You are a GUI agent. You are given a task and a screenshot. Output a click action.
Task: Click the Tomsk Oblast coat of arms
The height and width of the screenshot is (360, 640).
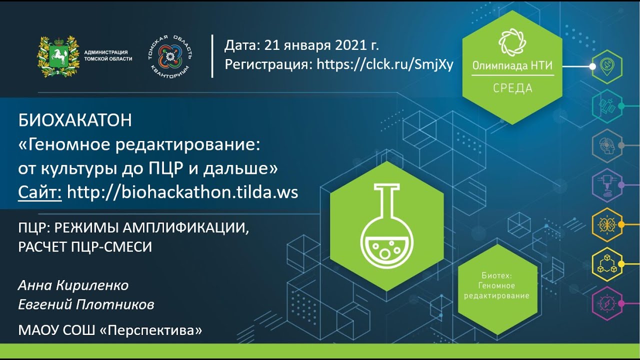click(58, 56)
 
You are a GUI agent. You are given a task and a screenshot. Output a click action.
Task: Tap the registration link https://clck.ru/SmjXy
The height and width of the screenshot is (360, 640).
click(385, 64)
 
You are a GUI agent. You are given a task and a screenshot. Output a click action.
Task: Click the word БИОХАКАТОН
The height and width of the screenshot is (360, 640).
click(75, 120)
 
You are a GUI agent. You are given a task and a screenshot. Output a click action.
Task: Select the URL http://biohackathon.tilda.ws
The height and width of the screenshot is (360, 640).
click(182, 192)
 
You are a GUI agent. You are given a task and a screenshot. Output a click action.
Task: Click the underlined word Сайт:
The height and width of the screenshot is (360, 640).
click(40, 192)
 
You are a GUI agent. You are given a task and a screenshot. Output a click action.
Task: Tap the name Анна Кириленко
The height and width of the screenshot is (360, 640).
click(73, 285)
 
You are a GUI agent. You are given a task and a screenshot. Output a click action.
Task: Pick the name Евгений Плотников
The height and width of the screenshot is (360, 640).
click(86, 304)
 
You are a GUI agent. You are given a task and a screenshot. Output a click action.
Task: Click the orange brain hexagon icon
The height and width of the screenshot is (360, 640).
click(606, 224)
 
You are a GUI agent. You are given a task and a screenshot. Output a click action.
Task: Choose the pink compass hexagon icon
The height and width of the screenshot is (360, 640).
click(606, 303)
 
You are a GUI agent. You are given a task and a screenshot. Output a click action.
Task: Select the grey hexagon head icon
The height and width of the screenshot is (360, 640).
click(606, 145)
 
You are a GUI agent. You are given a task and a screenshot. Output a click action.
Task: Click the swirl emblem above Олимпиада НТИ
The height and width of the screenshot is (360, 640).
click(512, 42)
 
